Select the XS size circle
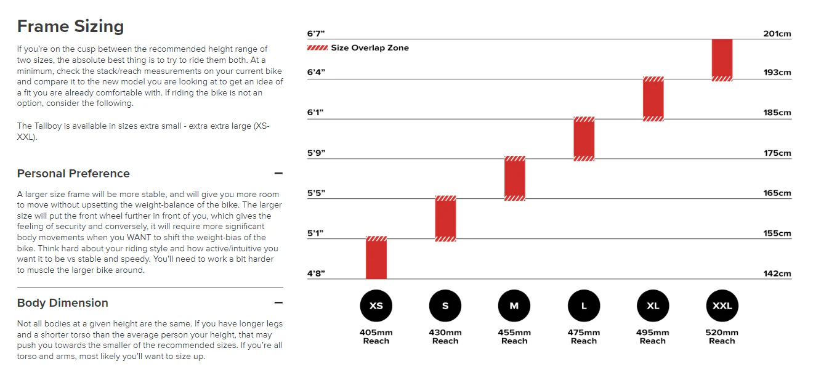[x=376, y=305]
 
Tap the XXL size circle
[x=722, y=305]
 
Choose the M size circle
[x=514, y=305]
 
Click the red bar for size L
[x=584, y=139]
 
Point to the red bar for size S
[x=445, y=219]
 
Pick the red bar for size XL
[x=653, y=99]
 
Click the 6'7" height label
[x=316, y=34]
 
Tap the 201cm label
[x=777, y=34]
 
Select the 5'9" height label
[x=316, y=153]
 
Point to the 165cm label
[x=777, y=193]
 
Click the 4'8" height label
[x=316, y=273]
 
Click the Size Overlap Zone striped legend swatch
[x=317, y=48]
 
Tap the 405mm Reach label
[x=376, y=336]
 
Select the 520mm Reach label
[x=722, y=336]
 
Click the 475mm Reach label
[x=584, y=336]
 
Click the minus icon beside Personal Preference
[x=278, y=173]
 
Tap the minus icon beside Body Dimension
[x=278, y=302]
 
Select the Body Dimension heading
[x=63, y=302]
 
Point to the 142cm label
[x=777, y=273]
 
